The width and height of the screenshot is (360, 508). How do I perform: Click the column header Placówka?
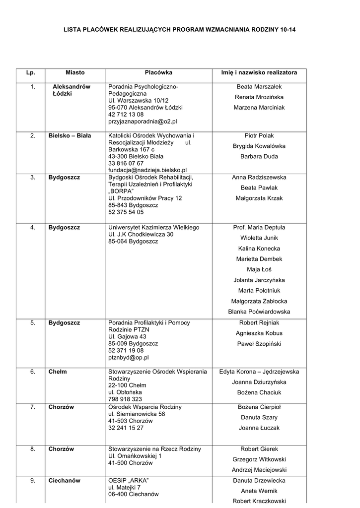(x=158, y=72)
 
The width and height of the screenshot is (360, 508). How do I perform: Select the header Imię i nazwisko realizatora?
(x=259, y=72)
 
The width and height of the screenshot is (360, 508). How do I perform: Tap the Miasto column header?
(x=75, y=72)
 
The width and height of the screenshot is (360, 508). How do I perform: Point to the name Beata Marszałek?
(x=259, y=87)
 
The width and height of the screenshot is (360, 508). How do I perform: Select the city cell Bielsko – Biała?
(x=70, y=135)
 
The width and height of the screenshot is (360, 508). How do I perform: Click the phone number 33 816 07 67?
(x=126, y=163)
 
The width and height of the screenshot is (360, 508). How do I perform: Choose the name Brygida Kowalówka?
(x=259, y=146)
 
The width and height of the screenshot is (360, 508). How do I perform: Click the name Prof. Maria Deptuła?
(x=259, y=228)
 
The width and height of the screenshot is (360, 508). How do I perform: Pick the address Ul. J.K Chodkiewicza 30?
(x=141, y=235)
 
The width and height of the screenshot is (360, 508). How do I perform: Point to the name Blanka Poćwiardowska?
(x=259, y=312)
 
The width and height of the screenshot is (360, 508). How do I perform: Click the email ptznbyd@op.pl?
(x=128, y=357)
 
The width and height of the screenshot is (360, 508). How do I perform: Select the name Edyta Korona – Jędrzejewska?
(x=259, y=372)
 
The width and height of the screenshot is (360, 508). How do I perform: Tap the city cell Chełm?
(x=58, y=372)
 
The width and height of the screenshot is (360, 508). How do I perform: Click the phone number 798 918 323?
(x=125, y=399)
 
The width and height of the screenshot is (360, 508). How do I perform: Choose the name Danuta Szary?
(x=259, y=418)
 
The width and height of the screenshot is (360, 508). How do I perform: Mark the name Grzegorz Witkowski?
(x=259, y=459)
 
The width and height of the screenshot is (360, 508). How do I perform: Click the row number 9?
(x=33, y=481)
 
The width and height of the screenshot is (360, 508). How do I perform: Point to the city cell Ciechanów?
(x=64, y=481)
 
